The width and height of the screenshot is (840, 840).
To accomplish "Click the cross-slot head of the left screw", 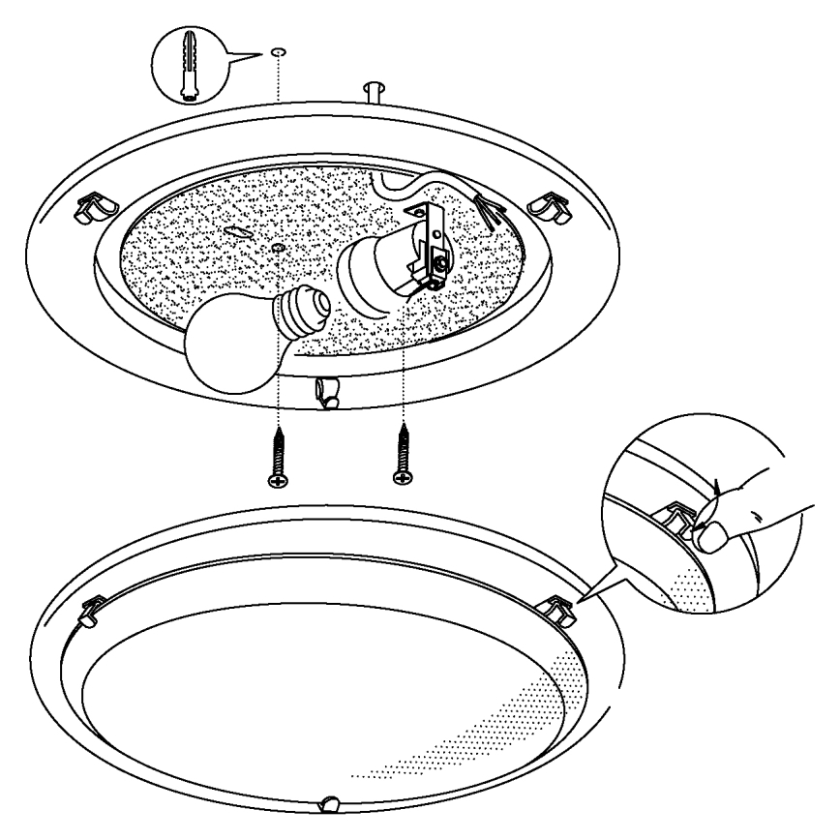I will tap(277, 479).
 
